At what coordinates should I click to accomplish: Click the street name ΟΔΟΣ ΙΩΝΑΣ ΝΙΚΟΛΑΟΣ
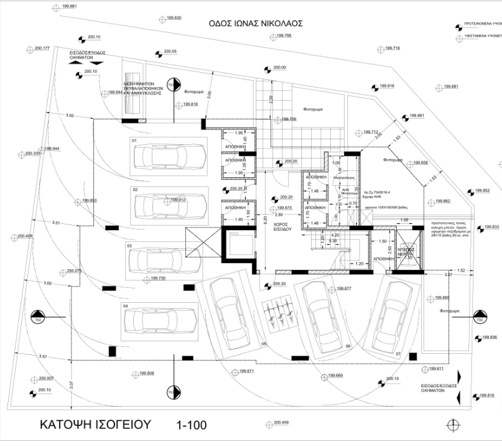click(256, 23)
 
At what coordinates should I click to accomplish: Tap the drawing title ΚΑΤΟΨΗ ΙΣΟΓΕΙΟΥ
click(96, 425)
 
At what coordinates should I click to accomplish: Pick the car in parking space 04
click(160, 320)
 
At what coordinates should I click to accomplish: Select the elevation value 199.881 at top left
click(69, 6)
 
